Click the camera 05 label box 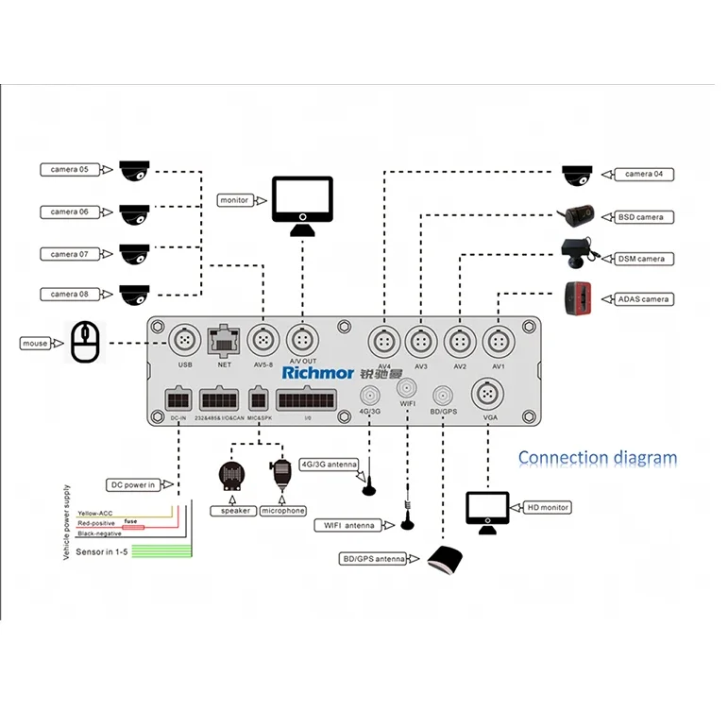(x=71, y=170)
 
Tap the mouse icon (x=85, y=342)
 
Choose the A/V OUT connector (x=301, y=339)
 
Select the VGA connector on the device (x=486, y=392)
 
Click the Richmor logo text (x=316, y=372)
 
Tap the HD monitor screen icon (x=487, y=510)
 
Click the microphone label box (x=282, y=511)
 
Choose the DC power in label (x=130, y=485)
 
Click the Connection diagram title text (x=597, y=459)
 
